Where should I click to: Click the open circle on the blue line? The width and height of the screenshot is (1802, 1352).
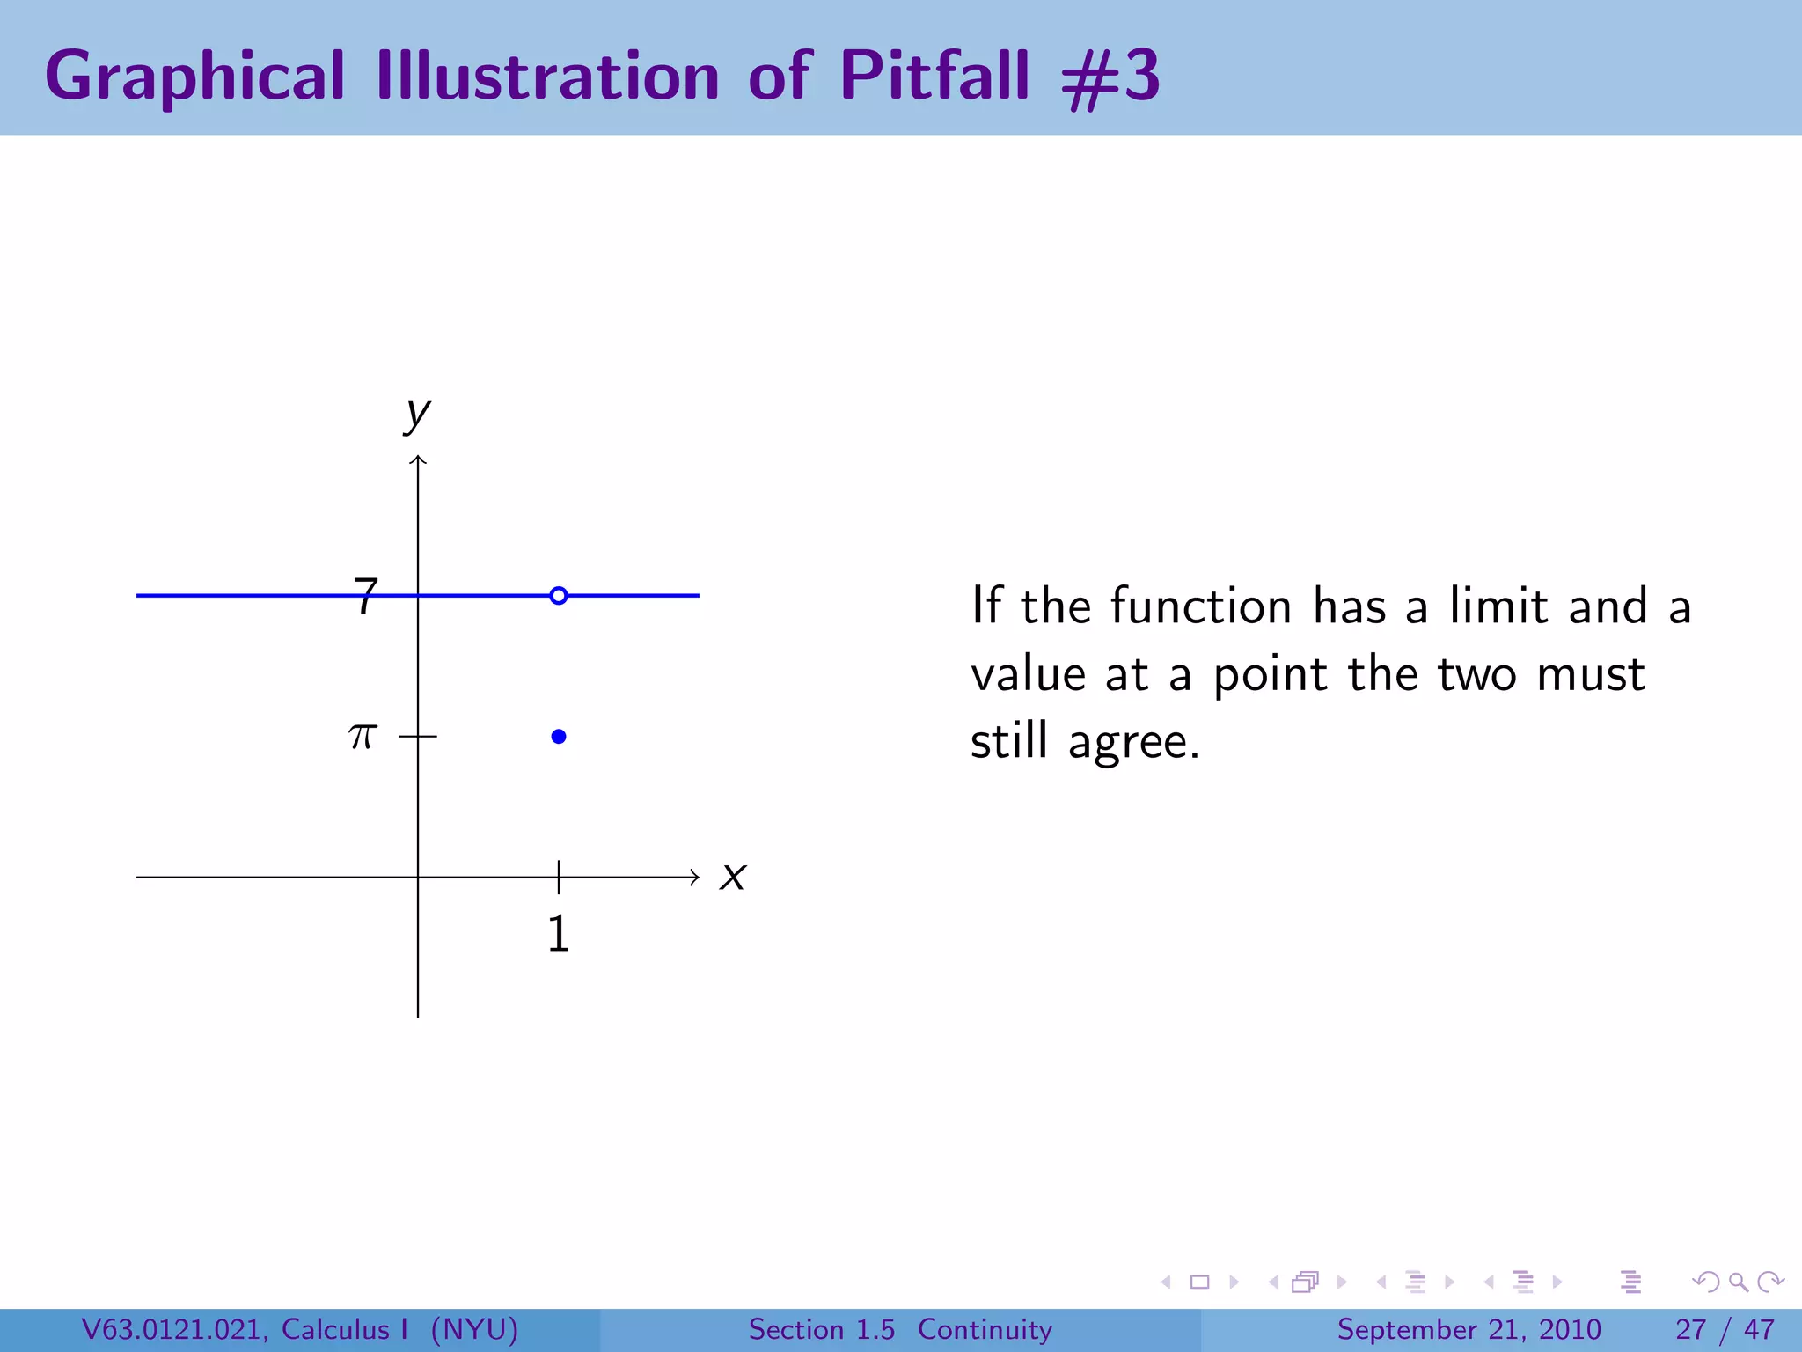558,596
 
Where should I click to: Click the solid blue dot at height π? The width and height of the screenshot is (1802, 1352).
558,737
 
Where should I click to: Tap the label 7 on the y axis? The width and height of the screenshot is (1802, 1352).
365,597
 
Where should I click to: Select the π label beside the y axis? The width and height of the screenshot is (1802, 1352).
363,736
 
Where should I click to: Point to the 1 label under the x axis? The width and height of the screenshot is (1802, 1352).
558,934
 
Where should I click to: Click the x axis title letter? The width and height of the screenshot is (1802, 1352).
732,877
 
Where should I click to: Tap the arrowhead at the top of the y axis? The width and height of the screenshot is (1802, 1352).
418,460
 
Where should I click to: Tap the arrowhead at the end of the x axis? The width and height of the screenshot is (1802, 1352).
694,877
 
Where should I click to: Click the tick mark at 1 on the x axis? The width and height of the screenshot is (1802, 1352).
558,877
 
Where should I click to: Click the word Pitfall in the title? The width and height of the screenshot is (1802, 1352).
934,76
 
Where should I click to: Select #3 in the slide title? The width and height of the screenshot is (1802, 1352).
1110,77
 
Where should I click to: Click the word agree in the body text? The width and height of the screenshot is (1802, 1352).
1133,742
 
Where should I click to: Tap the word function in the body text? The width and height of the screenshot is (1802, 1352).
1200,606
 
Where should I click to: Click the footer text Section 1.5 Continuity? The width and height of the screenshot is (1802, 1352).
900,1329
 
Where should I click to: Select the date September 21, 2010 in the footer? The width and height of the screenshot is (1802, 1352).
1469,1329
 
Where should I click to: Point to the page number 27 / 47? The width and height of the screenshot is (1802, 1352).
1725,1329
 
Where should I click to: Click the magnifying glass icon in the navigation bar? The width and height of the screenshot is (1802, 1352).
1737,1282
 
